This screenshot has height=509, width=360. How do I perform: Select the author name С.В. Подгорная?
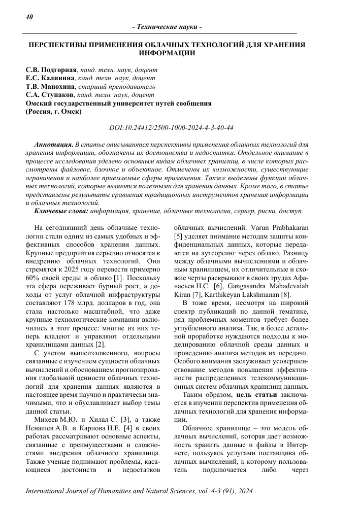point(52,70)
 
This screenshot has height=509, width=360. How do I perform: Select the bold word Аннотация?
point(53,145)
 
